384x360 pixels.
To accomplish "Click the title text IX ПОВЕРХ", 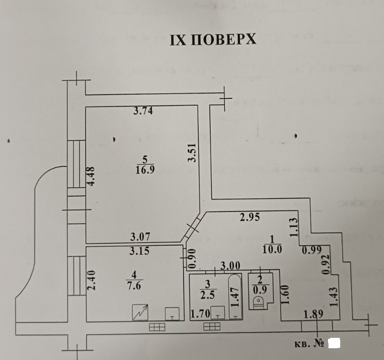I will (213, 39).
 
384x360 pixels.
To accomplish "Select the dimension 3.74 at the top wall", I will (144, 112).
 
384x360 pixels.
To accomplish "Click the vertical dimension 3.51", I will (192, 153).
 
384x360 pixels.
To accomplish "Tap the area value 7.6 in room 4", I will (135, 287).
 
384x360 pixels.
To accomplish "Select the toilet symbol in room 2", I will (258, 303).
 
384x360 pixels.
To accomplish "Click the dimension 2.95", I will (250, 217).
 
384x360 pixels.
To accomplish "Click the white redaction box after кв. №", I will (334, 343).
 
